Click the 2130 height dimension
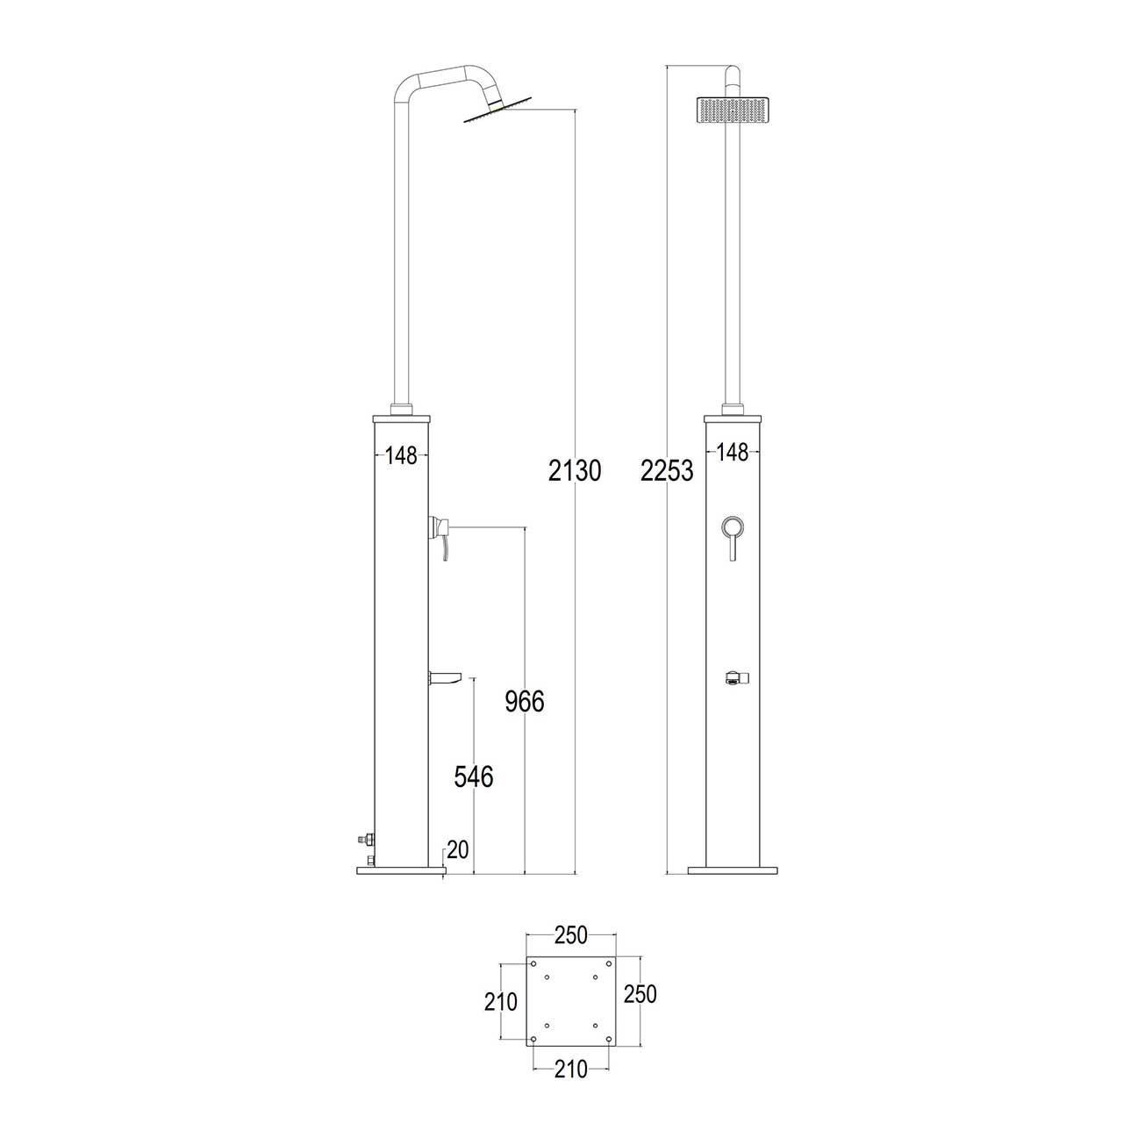click(574, 470)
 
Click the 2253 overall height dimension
click(667, 470)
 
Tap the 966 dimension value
click(525, 701)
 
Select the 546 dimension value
click(473, 776)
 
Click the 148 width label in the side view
click(402, 455)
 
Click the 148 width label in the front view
click(733, 452)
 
